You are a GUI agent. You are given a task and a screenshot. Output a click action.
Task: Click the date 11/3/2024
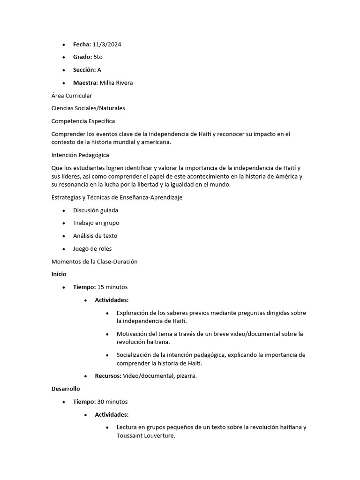coord(107,45)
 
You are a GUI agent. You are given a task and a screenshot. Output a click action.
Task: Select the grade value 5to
coord(98,57)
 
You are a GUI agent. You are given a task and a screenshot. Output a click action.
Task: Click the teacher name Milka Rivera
coord(116,83)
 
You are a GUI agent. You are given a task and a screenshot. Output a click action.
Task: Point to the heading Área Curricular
coord(72,96)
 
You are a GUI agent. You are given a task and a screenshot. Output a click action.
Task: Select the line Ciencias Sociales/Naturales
coord(88,108)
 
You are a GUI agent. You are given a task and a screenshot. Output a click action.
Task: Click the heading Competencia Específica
coord(83,121)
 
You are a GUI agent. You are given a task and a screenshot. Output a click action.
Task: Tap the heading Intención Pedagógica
coord(80,155)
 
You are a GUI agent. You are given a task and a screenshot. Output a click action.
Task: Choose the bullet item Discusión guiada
coord(96,210)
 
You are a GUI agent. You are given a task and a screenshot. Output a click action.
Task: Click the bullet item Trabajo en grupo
coord(96,223)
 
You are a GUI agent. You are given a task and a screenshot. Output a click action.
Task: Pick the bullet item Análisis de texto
coord(95,236)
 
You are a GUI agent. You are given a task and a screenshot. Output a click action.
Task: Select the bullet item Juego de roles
coord(92,249)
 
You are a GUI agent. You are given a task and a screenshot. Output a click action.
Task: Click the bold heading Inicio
coord(59,274)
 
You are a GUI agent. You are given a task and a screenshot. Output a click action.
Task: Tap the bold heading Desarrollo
coord(66,389)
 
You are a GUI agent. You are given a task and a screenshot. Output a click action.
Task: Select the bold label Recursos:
coord(108,376)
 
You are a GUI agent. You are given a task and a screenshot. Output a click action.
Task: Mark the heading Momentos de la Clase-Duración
coord(94,262)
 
